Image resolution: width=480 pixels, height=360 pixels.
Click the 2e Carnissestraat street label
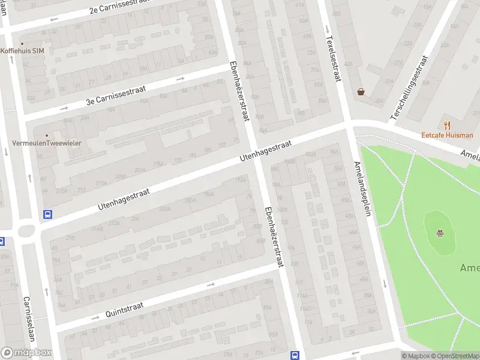[x=119, y=7]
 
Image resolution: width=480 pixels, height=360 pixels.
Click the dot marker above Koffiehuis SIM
[x=23, y=44]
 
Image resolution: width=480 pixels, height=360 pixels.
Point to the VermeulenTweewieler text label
[x=47, y=143]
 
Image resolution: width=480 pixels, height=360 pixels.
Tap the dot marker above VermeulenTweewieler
[x=47, y=135]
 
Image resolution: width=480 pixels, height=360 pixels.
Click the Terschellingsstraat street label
[x=410, y=88]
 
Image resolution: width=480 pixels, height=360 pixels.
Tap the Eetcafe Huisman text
[x=447, y=136]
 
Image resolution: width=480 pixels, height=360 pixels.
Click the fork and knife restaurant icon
[x=447, y=125]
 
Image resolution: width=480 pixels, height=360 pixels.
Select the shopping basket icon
[x=361, y=92]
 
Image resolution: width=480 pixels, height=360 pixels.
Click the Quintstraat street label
[x=124, y=309]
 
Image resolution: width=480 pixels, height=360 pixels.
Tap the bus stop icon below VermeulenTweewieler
[x=47, y=214]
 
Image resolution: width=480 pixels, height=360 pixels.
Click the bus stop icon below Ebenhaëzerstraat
[x=295, y=355]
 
